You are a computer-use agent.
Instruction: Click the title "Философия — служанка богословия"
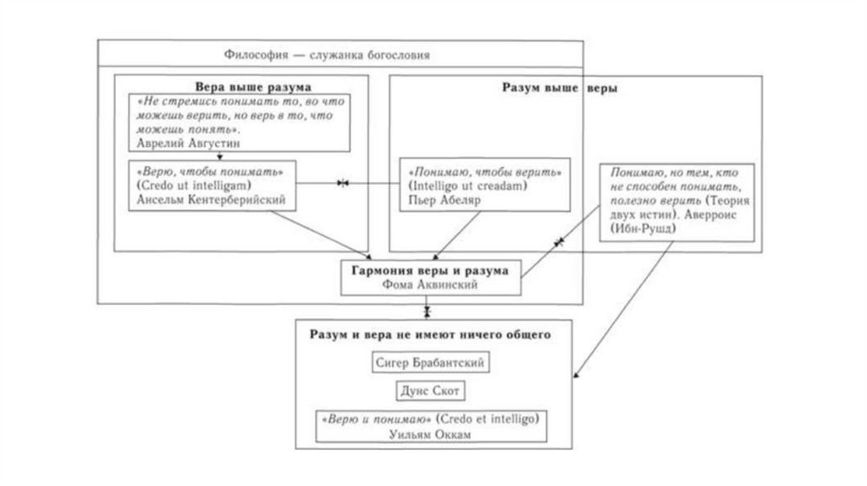click(327, 56)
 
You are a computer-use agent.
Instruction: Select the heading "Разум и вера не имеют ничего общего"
click(431, 335)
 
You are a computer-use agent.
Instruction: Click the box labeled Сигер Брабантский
click(432, 362)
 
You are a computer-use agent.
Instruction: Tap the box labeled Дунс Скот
click(431, 391)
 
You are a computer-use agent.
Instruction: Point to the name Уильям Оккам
click(431, 434)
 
